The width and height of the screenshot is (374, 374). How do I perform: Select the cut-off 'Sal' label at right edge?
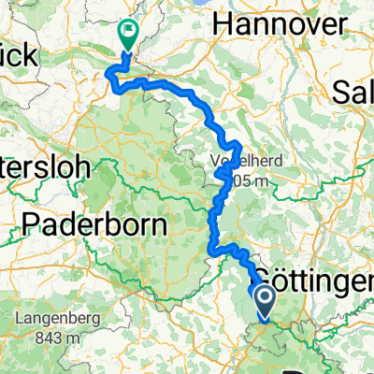tap(354, 93)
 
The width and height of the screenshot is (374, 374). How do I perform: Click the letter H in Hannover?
tap(223, 20)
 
